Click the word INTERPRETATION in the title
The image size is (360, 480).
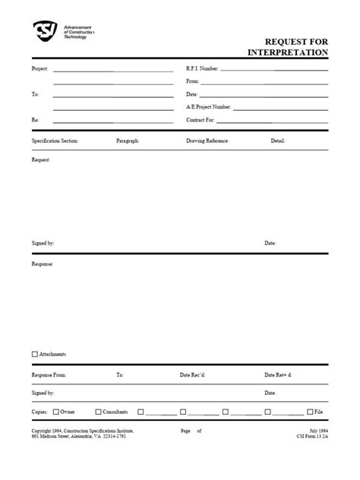point(288,52)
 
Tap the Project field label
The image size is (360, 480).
point(39,68)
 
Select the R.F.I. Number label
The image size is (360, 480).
point(202,68)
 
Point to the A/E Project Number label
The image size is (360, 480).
point(209,107)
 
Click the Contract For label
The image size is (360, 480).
point(201,120)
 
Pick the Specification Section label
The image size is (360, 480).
point(55,141)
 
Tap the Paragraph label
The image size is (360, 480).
point(128,141)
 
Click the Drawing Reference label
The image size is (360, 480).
point(207,141)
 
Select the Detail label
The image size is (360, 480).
point(278,141)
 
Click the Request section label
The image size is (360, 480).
point(41,160)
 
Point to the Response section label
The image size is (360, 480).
point(42,264)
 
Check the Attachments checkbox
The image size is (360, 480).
point(35,354)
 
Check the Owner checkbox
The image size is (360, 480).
point(56,412)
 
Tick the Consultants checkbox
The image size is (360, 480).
point(97,412)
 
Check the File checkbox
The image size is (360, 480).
point(310,412)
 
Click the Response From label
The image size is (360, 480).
point(49,374)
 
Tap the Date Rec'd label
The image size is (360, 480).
point(193,374)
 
